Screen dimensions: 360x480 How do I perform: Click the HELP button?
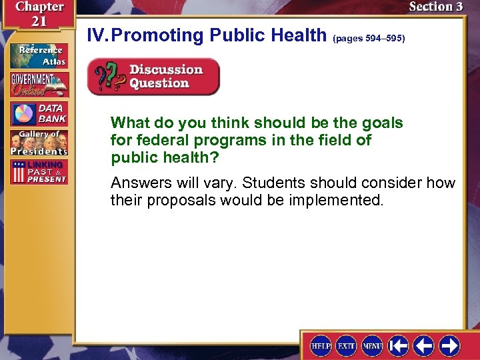pyautogui.click(x=321, y=345)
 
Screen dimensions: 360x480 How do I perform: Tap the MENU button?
pyautogui.click(x=372, y=345)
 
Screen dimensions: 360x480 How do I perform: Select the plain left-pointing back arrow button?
pyautogui.click(x=424, y=345)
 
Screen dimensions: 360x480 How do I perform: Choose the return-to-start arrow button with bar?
pyautogui.click(x=398, y=345)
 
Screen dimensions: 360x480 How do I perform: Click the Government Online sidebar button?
pyautogui.click(x=38, y=85)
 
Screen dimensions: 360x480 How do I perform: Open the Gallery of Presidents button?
pyautogui.click(x=38, y=143)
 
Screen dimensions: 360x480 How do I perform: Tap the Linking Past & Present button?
pyautogui.click(x=38, y=172)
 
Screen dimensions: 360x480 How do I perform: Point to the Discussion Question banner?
pyautogui.click(x=153, y=77)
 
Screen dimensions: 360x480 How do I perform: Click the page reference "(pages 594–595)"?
pyautogui.click(x=368, y=39)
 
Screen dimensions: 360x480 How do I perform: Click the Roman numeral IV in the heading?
pyautogui.click(x=97, y=35)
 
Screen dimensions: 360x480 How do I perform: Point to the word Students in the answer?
pyautogui.click(x=303, y=183)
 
